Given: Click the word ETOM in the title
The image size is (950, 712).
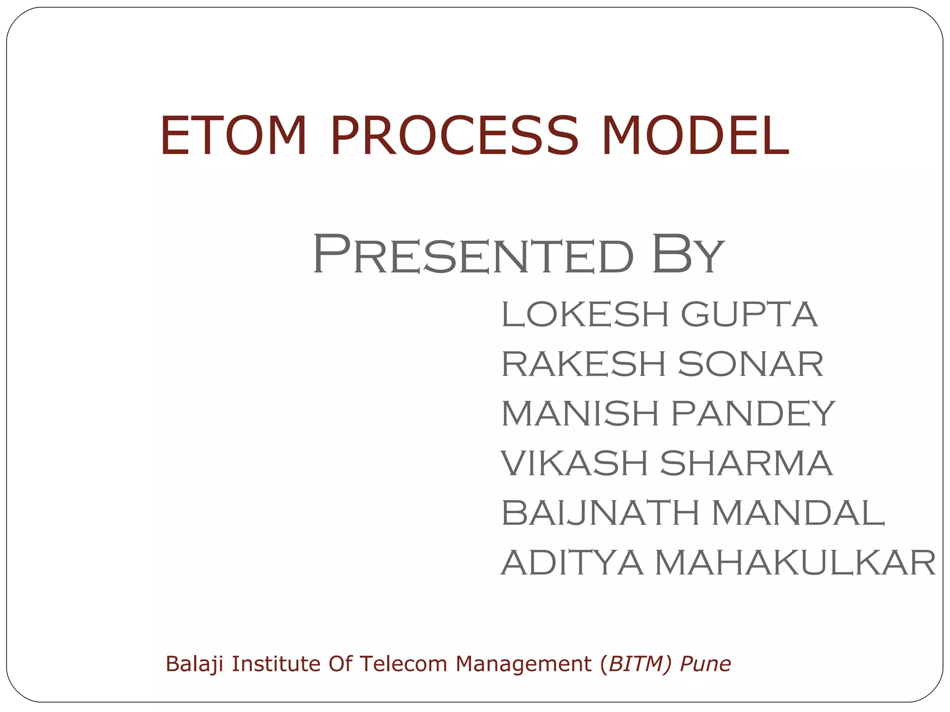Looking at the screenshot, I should click(x=233, y=136).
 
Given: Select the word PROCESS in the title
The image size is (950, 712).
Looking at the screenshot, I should click(x=455, y=136).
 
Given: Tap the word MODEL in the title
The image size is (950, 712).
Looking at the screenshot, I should click(x=694, y=136).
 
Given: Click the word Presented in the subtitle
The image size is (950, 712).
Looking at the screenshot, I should click(x=473, y=254).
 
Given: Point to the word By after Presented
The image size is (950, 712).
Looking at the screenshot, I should click(x=687, y=254).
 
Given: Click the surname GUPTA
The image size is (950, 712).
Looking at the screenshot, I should click(x=749, y=314).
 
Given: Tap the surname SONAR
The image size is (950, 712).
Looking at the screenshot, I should click(x=751, y=364).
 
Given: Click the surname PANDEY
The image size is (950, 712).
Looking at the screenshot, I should click(x=753, y=413).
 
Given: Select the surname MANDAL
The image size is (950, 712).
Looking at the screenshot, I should click(x=798, y=513).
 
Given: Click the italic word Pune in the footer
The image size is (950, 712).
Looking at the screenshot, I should click(x=705, y=664).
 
